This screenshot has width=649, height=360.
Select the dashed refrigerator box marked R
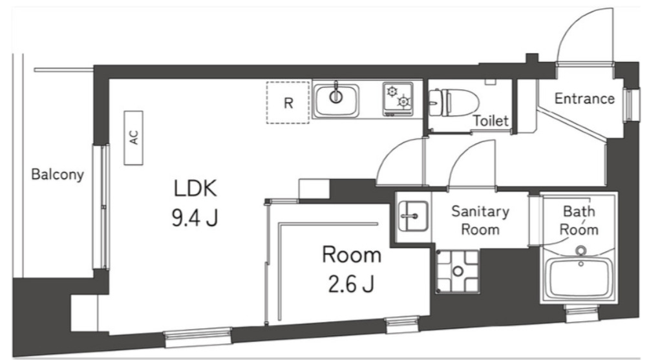(288, 102)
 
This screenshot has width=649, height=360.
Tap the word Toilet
(491, 120)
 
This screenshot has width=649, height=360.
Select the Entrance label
(584, 99)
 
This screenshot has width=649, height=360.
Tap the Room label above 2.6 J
(352, 256)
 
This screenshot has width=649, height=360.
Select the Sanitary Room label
(480, 220)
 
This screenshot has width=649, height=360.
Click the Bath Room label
(579, 220)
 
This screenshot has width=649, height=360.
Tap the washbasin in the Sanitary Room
(411, 214)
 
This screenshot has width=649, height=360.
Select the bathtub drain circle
(580, 251)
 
